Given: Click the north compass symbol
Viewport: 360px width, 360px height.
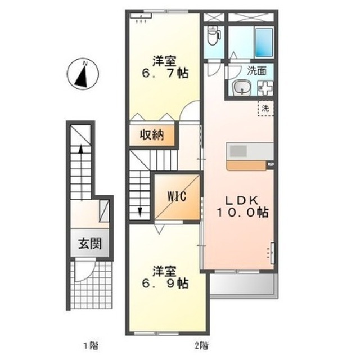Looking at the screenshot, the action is pyautogui.click(x=83, y=74).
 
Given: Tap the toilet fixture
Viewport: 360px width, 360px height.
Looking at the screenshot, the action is pyautogui.click(x=213, y=35).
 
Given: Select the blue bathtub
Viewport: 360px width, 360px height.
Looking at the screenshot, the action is pyautogui.click(x=264, y=43).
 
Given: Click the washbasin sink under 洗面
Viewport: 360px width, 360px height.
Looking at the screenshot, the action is pyautogui.click(x=241, y=88).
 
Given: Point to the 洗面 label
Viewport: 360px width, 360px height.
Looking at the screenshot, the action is pyautogui.click(x=256, y=71).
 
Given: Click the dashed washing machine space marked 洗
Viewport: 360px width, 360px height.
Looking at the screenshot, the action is pyautogui.click(x=266, y=108).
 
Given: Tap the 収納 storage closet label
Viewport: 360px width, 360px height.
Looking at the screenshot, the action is pyautogui.click(x=152, y=135).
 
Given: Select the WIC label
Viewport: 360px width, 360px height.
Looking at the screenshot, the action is pyautogui.click(x=177, y=196).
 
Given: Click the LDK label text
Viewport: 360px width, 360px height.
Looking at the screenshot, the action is pyautogui.click(x=242, y=201).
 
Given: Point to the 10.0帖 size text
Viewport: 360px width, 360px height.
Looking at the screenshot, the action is pyautogui.click(x=242, y=213).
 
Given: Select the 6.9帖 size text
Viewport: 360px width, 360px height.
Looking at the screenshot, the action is pyautogui.click(x=165, y=283).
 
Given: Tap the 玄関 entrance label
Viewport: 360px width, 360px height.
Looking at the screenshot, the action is pyautogui.click(x=90, y=244).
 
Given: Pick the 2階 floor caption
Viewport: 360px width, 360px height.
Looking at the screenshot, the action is pyautogui.click(x=202, y=345).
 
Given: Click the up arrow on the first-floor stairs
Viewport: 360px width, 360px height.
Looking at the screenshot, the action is pyautogui.click(x=81, y=173).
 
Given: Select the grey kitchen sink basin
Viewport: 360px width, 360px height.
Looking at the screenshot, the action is pyautogui.click(x=238, y=151).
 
